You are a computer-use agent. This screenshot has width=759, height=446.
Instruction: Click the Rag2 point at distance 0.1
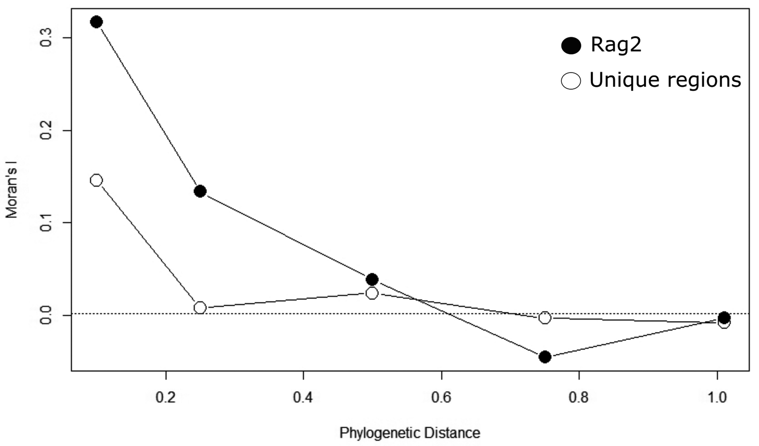click(x=96, y=22)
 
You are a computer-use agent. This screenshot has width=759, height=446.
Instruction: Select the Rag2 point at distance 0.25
click(x=200, y=192)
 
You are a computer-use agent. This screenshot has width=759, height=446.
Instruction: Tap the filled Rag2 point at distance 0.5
click(x=372, y=279)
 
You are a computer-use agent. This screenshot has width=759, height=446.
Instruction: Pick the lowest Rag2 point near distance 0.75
click(x=545, y=357)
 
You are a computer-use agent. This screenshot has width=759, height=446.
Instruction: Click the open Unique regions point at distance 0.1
click(x=96, y=180)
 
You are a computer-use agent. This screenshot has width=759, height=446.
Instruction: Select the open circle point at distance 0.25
click(x=200, y=307)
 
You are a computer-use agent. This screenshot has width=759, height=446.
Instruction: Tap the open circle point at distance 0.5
click(x=372, y=293)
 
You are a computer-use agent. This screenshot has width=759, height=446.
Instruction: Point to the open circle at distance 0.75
click(x=545, y=317)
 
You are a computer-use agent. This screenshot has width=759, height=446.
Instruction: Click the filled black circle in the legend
click(x=571, y=46)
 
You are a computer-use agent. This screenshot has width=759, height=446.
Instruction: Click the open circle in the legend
click(x=571, y=81)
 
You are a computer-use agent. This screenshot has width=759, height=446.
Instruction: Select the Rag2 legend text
click(x=616, y=45)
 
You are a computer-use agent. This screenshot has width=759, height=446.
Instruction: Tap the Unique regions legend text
click(x=665, y=80)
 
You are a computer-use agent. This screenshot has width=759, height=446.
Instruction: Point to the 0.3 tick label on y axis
click(x=46, y=38)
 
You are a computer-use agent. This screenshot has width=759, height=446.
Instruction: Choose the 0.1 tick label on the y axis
click(x=46, y=223)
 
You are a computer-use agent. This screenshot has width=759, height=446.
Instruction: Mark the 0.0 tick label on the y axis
click(x=46, y=315)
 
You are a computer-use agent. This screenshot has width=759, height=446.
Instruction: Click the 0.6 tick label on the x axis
click(x=441, y=397)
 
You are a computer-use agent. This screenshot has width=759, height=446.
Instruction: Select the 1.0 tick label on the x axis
click(x=717, y=397)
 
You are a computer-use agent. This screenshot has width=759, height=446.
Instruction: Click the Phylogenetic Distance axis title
click(x=410, y=433)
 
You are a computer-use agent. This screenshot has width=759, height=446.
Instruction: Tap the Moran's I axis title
click(x=12, y=193)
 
